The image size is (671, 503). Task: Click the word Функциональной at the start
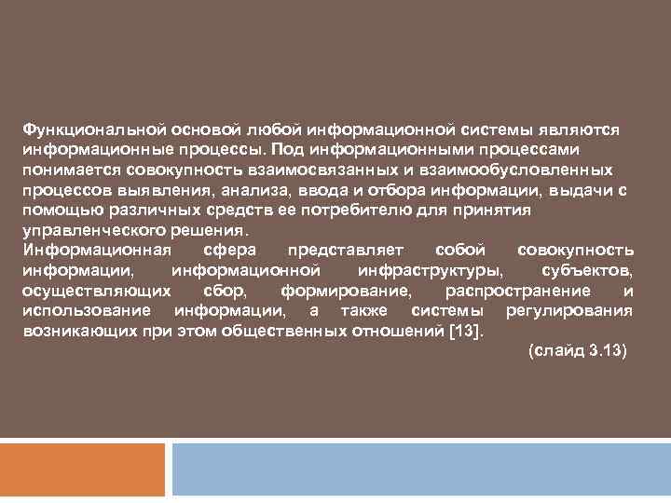[x=79, y=129]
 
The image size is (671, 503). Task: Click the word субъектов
[x=587, y=272]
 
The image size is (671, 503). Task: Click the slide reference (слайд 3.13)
[x=578, y=353]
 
